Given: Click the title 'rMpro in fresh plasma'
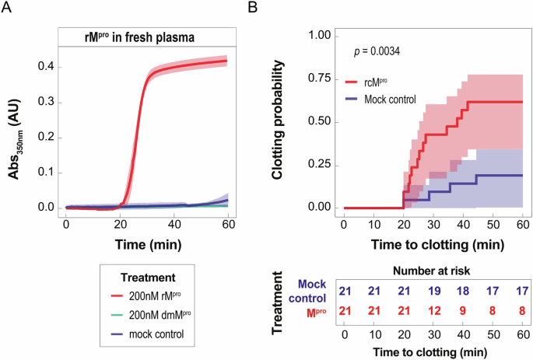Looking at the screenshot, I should click(x=146, y=36).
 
